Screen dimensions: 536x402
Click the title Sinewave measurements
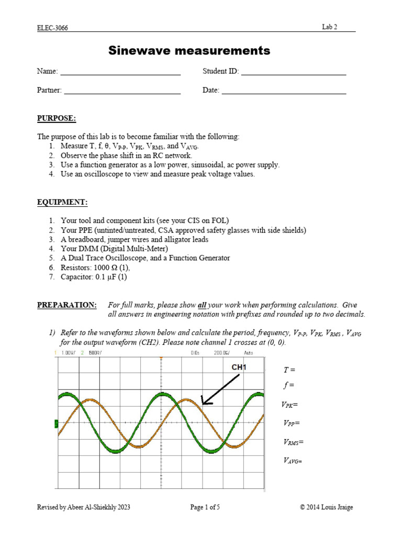click(x=189, y=51)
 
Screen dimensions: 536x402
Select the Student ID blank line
click(x=293, y=74)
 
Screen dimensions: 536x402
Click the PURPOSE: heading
click(x=56, y=119)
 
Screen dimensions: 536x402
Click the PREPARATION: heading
click(x=66, y=305)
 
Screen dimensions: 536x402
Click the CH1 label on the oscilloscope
click(x=239, y=367)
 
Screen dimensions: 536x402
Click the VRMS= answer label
click(x=293, y=442)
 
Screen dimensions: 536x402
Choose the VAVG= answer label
click(x=293, y=461)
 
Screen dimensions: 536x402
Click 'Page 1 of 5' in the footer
click(x=205, y=507)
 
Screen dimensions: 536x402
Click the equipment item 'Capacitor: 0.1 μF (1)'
click(x=94, y=277)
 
